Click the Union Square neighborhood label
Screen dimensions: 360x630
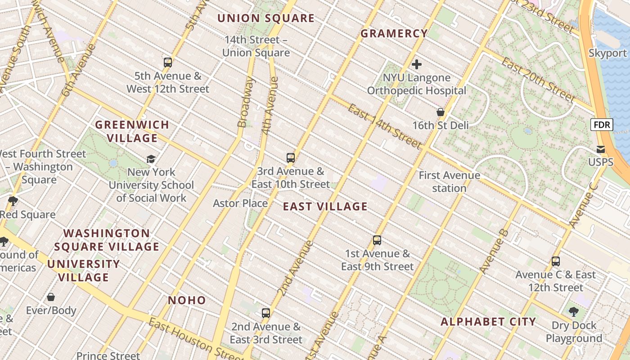pos(266,18)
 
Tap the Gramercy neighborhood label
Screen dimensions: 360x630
pos(394,34)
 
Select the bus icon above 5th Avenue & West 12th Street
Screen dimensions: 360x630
pos(168,63)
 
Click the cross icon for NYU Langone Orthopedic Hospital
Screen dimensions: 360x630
pos(417,64)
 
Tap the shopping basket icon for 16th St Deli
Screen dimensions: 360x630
pos(441,112)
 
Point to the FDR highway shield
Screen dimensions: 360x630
pos(602,125)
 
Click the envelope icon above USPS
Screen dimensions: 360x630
pos(601,149)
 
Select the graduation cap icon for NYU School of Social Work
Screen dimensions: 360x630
pos(151,159)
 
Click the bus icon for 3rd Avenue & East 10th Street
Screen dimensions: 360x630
pos(291,158)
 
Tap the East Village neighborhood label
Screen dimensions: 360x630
pos(325,207)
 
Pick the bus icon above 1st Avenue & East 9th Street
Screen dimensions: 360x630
pos(377,240)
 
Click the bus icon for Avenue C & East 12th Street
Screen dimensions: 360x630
pos(556,261)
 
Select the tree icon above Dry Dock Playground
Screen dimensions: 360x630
pos(574,311)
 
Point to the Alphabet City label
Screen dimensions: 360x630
pos(488,322)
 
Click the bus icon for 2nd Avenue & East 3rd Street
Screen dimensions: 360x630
pos(266,313)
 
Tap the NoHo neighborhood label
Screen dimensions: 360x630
pos(187,300)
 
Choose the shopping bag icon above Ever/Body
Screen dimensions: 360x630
pos(51,297)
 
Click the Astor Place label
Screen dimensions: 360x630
pos(240,203)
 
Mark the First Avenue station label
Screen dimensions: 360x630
pos(449,181)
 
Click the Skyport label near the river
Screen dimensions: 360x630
pos(607,53)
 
